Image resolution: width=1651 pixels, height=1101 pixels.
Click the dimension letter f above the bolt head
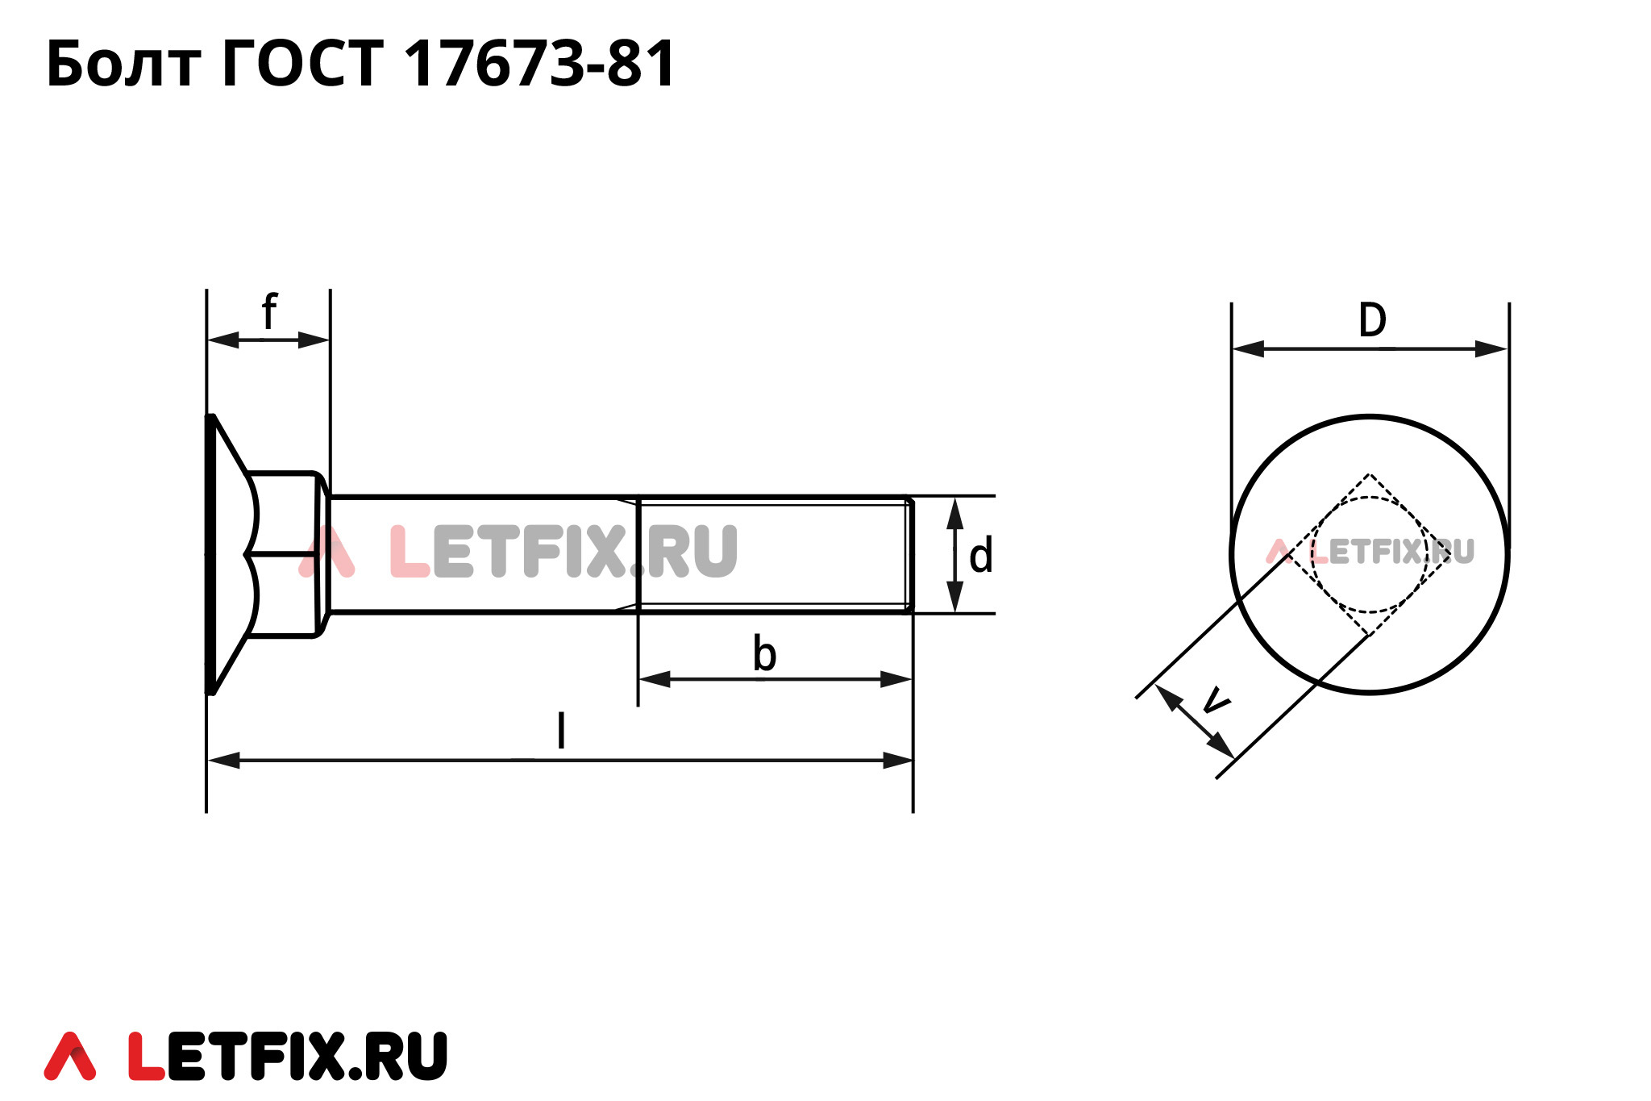click(x=269, y=312)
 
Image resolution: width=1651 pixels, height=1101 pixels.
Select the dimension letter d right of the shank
click(x=980, y=557)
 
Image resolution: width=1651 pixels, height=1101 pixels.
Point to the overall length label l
click(x=561, y=731)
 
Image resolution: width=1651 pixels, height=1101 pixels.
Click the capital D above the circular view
click(x=1372, y=320)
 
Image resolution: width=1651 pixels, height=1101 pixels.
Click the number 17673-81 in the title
click(x=539, y=65)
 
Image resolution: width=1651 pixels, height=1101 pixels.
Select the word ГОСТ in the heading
click(x=302, y=65)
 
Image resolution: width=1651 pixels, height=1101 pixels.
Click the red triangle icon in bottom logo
click(x=70, y=1056)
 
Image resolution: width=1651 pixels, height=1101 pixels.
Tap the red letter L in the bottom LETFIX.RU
click(x=146, y=1056)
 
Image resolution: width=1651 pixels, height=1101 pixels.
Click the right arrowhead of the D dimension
click(x=1491, y=349)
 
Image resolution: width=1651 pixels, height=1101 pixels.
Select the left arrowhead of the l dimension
click(x=223, y=760)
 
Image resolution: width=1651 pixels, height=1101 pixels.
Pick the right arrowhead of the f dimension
click(x=314, y=340)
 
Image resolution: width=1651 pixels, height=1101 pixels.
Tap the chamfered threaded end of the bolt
click(x=909, y=554)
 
